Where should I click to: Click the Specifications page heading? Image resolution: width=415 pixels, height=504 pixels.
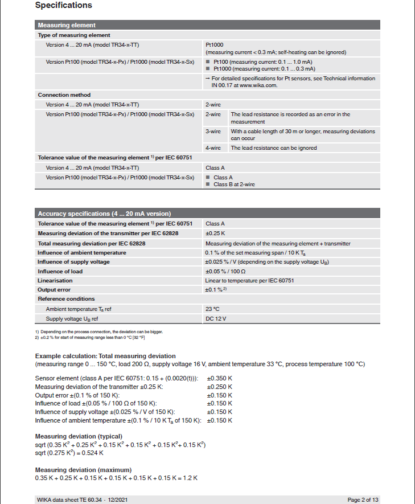pos(63,6)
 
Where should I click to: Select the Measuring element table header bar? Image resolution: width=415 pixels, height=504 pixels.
pos(207,25)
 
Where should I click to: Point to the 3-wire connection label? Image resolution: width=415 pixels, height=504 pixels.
pos(213,132)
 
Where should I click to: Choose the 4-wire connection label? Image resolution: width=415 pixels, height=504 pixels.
pos(213,148)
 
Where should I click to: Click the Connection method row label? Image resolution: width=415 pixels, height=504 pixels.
pos(64,95)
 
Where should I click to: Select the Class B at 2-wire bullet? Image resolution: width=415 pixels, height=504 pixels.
pos(234,185)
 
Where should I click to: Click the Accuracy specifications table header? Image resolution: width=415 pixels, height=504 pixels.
pos(207,214)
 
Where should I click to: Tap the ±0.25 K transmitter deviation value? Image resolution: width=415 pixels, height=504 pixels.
pos(215,233)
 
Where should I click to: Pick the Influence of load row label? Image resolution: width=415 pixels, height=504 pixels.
pos(60,271)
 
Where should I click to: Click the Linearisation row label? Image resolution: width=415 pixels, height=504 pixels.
pos(55,281)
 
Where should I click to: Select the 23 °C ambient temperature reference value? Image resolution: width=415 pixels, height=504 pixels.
pos(212,309)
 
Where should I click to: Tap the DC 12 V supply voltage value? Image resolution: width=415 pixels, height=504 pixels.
pos(216,319)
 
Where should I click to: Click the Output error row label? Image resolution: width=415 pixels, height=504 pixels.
pos(54,290)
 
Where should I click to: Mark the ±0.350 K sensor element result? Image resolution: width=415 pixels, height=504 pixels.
pos(219,379)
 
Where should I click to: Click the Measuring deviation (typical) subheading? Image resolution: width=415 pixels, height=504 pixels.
pos(79,436)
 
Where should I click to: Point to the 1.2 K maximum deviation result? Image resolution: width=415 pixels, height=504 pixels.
pos(191,478)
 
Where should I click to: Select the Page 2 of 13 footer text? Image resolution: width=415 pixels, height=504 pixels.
pos(363,499)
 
